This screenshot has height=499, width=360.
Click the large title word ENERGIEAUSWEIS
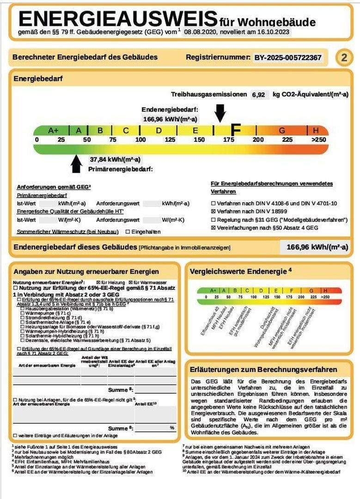click(x=118, y=19)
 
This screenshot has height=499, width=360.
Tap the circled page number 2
click(x=343, y=58)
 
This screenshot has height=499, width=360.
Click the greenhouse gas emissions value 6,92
click(x=259, y=95)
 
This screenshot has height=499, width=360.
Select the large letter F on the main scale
click(x=236, y=130)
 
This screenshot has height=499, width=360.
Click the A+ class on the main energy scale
click(x=53, y=131)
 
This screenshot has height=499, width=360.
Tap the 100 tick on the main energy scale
click(x=140, y=140)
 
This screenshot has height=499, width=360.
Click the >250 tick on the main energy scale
click(x=318, y=140)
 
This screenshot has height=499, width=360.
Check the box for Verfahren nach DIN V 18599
click(x=213, y=211)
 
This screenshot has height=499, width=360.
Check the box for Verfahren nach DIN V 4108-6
click(x=213, y=203)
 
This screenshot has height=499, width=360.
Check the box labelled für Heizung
click(x=98, y=282)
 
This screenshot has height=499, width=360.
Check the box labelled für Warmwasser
click(x=130, y=282)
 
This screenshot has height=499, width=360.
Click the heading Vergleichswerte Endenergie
click(x=238, y=271)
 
